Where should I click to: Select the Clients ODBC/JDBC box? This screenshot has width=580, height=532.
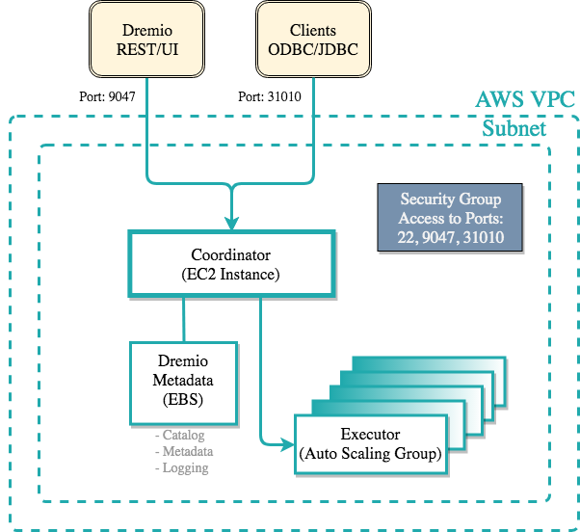coord(313,40)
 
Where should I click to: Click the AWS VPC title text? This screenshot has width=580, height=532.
coord(525,100)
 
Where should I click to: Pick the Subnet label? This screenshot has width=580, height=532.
coord(514,129)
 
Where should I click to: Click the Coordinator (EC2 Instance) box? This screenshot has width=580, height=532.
coord(232,263)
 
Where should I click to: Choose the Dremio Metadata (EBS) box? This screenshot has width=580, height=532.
coord(183,381)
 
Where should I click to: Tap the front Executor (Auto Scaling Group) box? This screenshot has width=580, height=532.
coord(372,443)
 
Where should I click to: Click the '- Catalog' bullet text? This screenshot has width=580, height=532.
coord(180,437)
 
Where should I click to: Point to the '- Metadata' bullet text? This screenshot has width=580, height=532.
coord(184,452)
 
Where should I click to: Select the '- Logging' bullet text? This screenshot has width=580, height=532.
coord(181,467)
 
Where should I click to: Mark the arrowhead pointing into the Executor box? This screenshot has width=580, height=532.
coord(287,444)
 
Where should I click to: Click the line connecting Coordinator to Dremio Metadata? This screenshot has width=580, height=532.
coord(183,318)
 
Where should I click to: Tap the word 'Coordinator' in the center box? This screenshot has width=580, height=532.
coord(232,255)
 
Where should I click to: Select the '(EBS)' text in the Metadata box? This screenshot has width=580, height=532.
coord(183,399)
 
